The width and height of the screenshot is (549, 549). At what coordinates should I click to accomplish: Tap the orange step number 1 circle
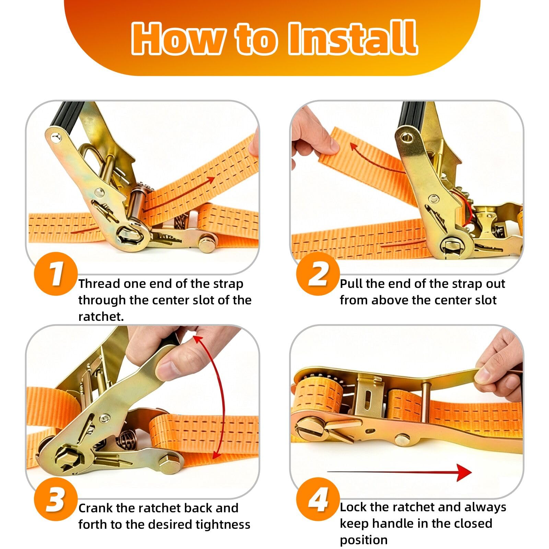56,274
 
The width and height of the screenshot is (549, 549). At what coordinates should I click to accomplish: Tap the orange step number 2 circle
318,274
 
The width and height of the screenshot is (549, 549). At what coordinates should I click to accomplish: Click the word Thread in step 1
99,284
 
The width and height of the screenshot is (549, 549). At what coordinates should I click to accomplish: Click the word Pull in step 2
351,284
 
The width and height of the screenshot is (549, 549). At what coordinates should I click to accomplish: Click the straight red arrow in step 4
399,472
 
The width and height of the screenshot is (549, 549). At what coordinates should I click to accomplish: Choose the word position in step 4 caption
364,540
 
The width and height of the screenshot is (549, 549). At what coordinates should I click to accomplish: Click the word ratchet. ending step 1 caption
101,316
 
